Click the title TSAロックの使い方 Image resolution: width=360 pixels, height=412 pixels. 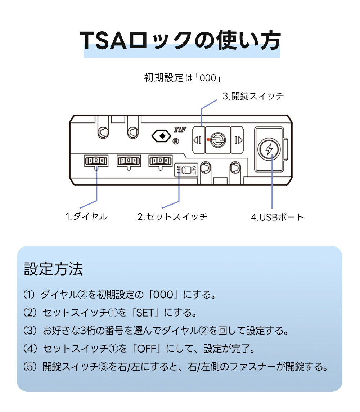click(180, 40)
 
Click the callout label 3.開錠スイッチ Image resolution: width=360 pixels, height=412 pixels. click(253, 96)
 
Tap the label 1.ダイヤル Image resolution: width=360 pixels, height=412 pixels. click(86, 216)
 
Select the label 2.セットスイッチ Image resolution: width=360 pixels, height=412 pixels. click(172, 217)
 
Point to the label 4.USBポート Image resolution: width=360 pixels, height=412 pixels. click(277, 217)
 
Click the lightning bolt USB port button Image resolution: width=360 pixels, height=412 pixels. click(269, 149)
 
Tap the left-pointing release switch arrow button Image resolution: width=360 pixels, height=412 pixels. click(198, 140)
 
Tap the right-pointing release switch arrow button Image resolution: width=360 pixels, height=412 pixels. click(237, 140)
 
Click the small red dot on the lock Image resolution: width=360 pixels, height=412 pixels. click(208, 140)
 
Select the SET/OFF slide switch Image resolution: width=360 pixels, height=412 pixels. click(186, 170)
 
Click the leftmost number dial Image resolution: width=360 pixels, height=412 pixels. click(96, 161)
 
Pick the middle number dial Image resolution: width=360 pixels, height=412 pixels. click(129, 161)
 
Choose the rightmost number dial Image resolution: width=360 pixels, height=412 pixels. click(161, 161)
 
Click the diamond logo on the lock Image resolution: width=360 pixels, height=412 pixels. click(162, 136)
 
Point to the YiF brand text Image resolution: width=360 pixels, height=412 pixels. click(180, 130)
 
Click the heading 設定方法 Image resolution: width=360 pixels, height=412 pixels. click(53, 269)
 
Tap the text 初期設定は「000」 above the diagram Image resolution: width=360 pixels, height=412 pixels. click(182, 78)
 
